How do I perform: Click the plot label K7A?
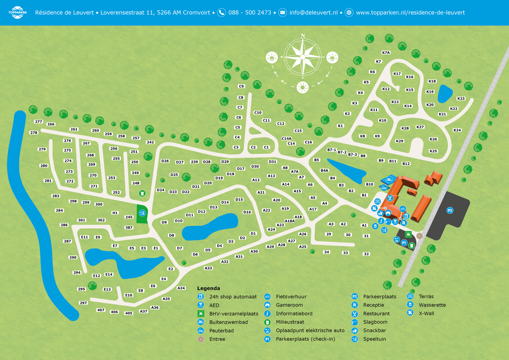386,53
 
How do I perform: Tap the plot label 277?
39,122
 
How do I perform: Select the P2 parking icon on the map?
450,210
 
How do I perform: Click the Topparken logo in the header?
17,12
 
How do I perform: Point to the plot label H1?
115,213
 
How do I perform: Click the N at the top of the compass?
303,36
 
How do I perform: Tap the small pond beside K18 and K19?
445,94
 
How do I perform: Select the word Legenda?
208,288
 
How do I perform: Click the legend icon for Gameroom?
268,305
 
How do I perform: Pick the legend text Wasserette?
432,305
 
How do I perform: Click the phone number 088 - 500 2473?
250,12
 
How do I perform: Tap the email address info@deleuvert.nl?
313,12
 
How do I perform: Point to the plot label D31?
272,162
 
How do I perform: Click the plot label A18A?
289,221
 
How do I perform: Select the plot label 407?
101,310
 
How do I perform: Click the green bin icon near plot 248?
142,193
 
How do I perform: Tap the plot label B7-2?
342,152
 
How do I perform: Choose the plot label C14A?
287,138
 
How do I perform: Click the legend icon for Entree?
201,339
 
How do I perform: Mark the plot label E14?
109,274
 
